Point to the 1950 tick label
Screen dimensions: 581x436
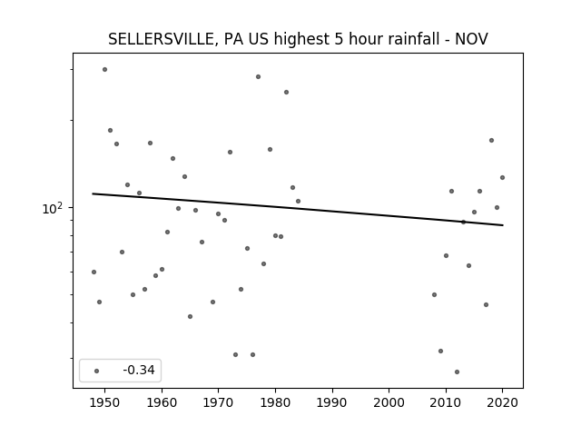tap(105, 402)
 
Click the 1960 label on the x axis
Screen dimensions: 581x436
tap(162, 402)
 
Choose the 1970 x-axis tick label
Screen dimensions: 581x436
tap(219, 402)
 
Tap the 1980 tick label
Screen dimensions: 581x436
tap(275, 402)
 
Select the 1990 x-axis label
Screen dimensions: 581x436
tap(332, 402)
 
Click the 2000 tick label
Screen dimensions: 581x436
tap(389, 402)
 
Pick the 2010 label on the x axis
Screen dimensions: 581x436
tap(446, 402)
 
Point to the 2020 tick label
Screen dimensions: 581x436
tap(502, 402)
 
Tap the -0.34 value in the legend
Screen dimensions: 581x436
tap(139, 370)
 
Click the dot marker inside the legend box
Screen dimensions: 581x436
tap(97, 372)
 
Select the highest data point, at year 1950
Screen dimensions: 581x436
tap(105, 70)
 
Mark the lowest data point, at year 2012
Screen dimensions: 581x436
tap(457, 372)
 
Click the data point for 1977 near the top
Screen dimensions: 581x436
tap(258, 76)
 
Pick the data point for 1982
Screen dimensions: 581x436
tap(287, 93)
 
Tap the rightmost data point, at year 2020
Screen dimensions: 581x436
tap(502, 178)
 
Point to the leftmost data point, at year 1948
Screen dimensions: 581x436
tap(94, 272)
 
